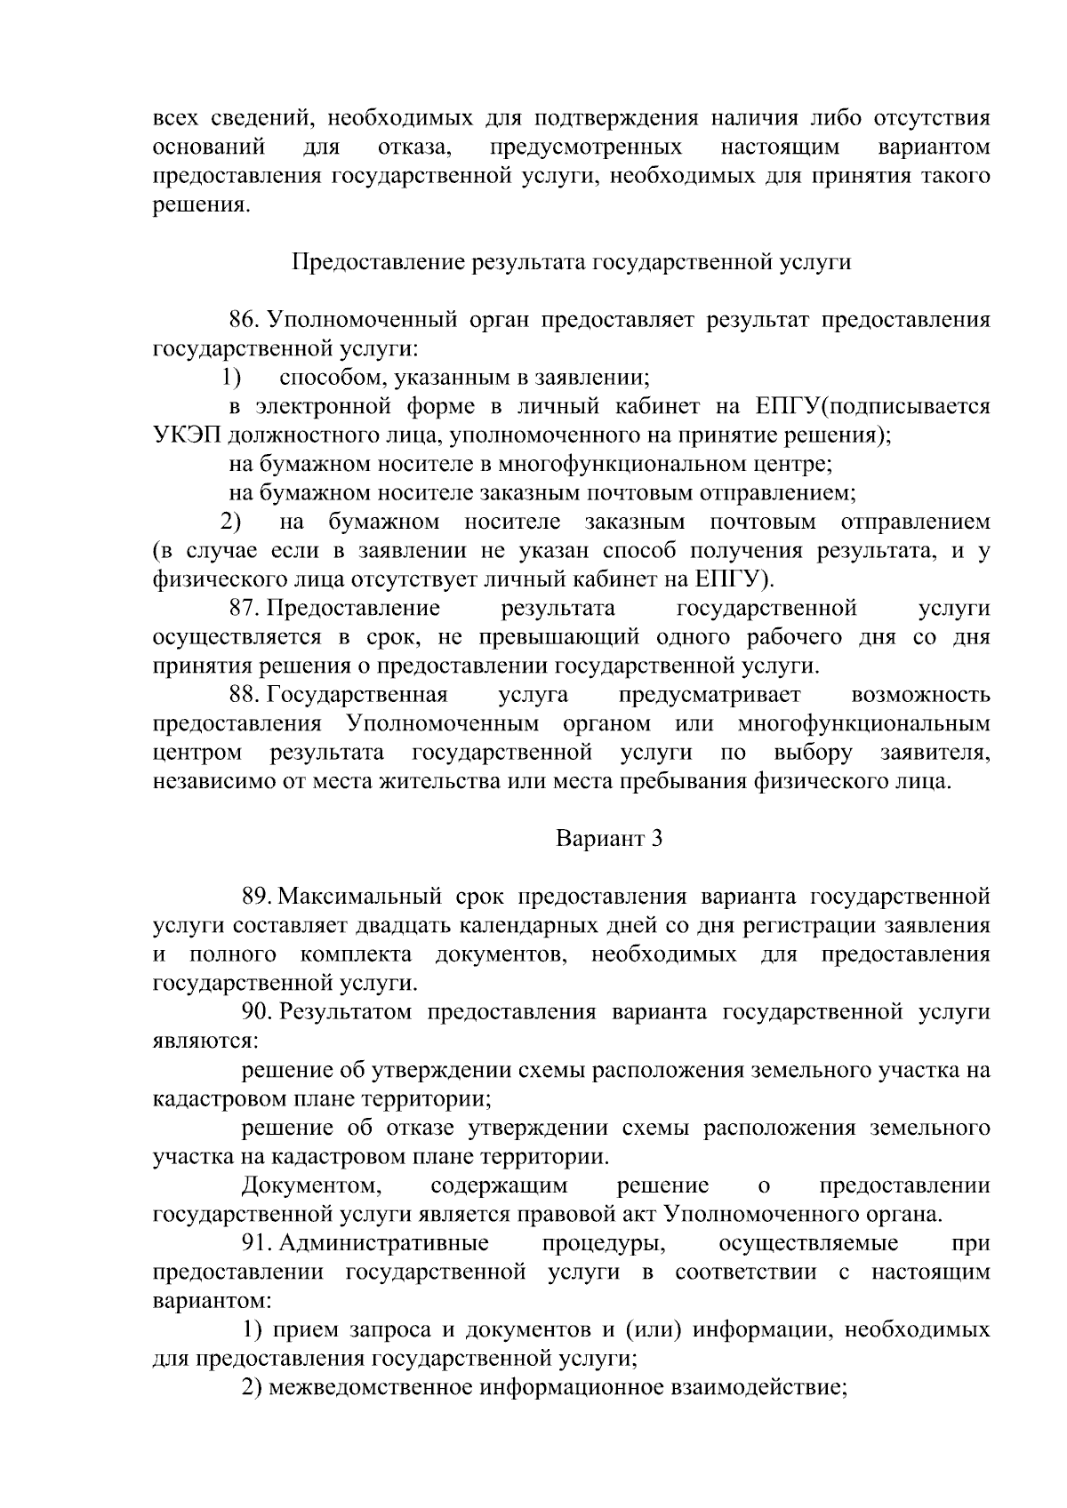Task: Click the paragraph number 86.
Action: (243, 319)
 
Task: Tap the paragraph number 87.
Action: (243, 608)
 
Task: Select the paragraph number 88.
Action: (243, 694)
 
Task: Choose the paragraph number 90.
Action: (256, 1011)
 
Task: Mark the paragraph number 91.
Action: (256, 1242)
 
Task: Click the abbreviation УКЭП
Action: (182, 435)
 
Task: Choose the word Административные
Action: (384, 1242)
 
